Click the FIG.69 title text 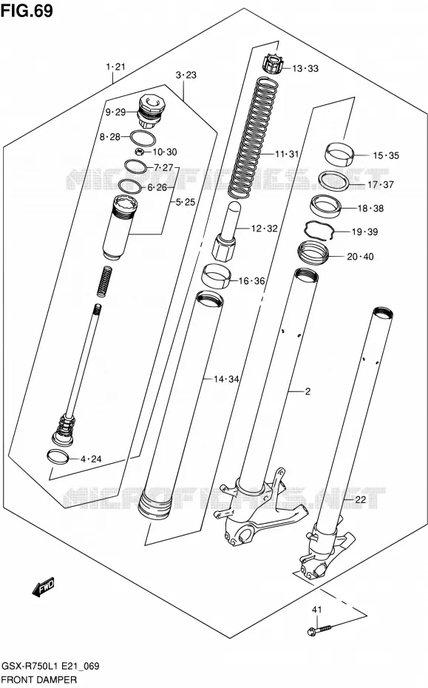pos(27,10)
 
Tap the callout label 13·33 pos(305,69)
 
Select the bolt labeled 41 pos(319,630)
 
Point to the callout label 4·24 pos(91,459)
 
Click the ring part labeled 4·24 pos(58,456)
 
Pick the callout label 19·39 pos(364,232)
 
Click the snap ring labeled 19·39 pos(319,230)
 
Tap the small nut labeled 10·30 pos(140,152)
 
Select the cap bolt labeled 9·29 pos(150,112)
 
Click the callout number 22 pos(360,499)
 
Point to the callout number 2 pos(308,391)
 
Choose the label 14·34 pos(226,379)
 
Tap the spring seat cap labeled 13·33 pos(272,64)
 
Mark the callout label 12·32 pos(265,228)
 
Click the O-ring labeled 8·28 pos(143,138)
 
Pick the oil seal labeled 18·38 pos(326,206)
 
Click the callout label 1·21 pos(116,67)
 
